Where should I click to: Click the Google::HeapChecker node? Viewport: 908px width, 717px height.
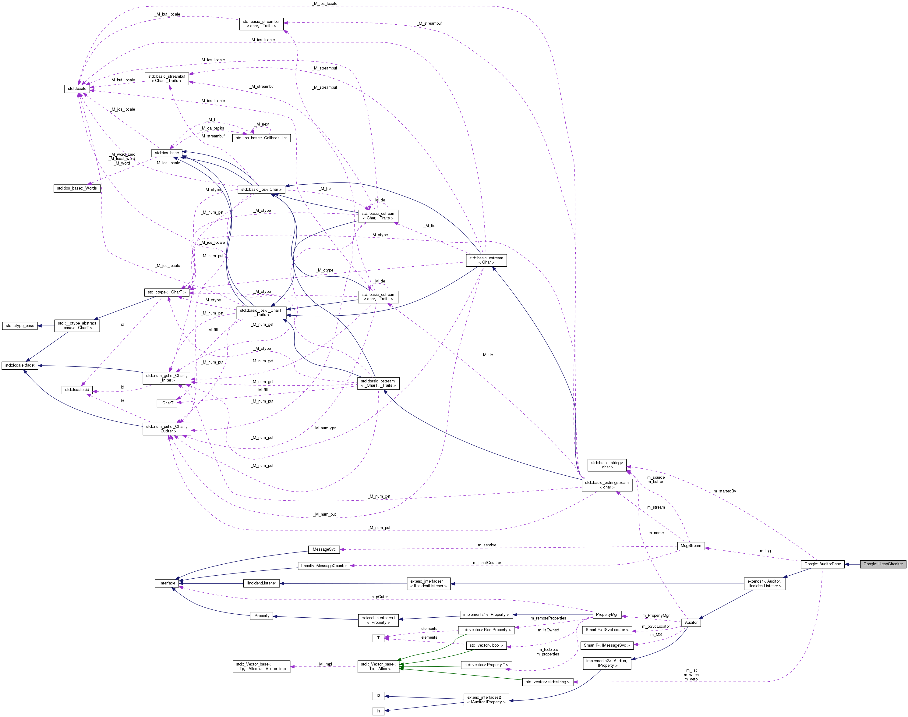(883, 564)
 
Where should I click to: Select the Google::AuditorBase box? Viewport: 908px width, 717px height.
(822, 564)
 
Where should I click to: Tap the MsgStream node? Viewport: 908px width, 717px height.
(691, 546)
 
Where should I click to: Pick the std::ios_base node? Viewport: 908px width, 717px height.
(167, 153)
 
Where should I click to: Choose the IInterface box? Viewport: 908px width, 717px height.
(167, 583)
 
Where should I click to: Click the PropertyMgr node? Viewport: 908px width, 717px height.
(606, 615)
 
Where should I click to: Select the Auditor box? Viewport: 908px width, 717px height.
(691, 623)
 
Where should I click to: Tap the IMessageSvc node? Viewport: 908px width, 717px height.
(323, 549)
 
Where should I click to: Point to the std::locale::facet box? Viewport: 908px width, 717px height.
(20, 365)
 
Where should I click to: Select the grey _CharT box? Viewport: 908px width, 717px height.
(167, 403)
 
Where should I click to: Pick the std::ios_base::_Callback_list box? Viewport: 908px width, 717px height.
(261, 138)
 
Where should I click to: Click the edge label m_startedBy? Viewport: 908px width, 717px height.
(724, 491)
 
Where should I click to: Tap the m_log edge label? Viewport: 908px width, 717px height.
(765, 551)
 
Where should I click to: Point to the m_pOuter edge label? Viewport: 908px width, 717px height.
(379, 597)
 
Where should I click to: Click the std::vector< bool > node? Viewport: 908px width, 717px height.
(486, 645)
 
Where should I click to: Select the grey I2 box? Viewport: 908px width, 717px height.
(378, 696)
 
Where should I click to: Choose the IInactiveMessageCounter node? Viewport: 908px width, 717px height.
(323, 566)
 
